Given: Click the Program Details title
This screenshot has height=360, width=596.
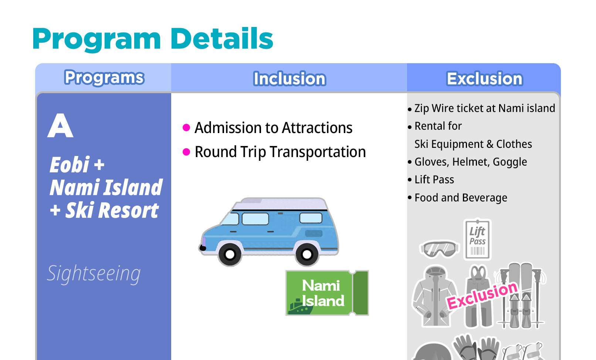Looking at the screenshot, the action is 153,39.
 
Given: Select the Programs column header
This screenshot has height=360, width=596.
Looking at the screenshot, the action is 104,78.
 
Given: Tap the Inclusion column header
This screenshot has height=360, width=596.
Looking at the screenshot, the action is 289,78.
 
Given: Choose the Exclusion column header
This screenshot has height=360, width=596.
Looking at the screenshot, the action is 484,78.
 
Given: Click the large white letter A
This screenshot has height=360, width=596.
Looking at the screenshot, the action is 60,126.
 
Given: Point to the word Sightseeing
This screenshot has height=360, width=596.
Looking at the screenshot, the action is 94,274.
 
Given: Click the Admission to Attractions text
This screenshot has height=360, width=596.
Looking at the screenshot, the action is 273,128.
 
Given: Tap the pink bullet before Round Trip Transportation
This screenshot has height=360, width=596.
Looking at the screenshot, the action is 186,152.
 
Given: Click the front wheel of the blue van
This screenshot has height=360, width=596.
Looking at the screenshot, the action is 230,254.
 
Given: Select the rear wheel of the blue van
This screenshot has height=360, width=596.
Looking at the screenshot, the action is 307,254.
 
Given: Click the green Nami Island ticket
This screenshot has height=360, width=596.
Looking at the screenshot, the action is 327,293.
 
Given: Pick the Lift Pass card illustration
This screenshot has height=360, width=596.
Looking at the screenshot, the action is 477,239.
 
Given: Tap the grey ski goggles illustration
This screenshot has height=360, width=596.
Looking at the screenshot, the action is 439,249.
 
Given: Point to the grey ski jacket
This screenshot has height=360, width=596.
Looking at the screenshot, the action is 434,296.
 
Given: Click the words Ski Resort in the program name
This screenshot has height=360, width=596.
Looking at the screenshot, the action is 112,210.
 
